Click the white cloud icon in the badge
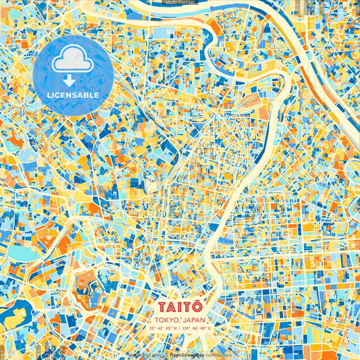point(72,61)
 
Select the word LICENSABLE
point(73,95)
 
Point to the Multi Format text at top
point(179,3)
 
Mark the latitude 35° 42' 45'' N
point(162,329)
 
